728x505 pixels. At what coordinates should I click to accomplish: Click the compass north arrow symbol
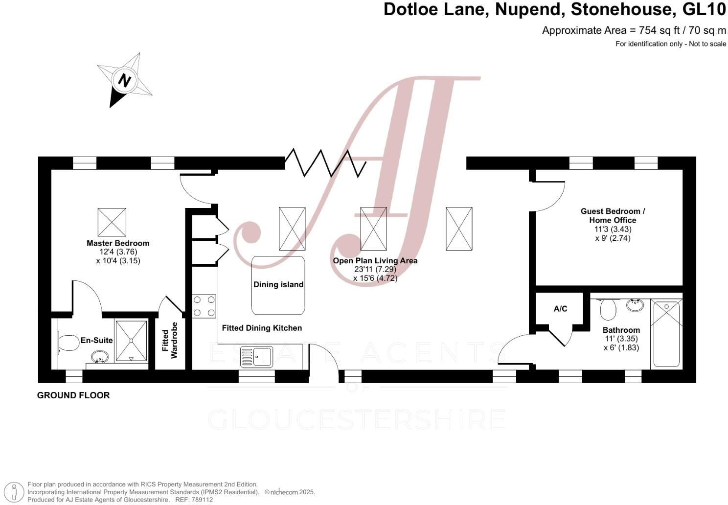pos(124,80)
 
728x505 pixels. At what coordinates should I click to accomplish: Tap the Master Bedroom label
pos(118,243)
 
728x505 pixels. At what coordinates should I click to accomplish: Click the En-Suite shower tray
pos(131,341)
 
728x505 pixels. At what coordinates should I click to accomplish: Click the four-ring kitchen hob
pos(204,306)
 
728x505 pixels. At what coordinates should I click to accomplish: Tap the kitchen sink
pos(256,357)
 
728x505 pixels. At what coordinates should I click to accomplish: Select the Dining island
pos(278,285)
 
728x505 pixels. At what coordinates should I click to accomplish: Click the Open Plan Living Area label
pos(375,261)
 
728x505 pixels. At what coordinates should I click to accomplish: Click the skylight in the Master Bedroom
pos(112,222)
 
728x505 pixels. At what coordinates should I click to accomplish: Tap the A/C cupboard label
pos(560,309)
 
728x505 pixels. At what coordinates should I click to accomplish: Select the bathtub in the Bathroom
pos(666,334)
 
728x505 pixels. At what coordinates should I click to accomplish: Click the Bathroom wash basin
pos(635,305)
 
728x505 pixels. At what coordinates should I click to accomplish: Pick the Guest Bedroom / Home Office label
pos(613,216)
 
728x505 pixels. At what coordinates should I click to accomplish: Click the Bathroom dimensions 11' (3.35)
pos(621,339)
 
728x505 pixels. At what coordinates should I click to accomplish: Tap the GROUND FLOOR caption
pos(73,395)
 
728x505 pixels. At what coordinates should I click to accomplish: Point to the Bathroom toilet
pos(608,308)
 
